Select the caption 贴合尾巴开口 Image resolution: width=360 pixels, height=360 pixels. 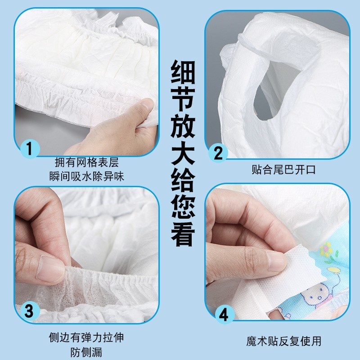[283, 170]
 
